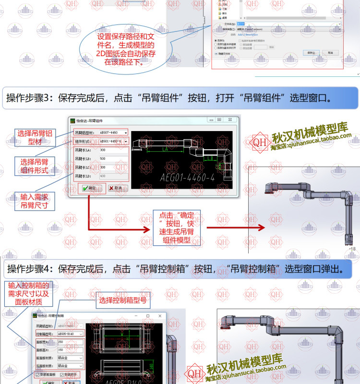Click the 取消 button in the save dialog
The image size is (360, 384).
[x=330, y=52]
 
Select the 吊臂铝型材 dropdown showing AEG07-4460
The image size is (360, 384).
[x=113, y=132]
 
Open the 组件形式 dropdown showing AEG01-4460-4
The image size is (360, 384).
[x=113, y=142]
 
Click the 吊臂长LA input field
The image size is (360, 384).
[x=113, y=150]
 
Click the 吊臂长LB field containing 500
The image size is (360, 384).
[x=113, y=159]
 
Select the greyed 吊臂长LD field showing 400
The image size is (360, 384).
[x=113, y=176]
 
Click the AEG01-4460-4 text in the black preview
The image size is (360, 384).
[x=187, y=179]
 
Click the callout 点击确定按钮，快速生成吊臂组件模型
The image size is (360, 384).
[x=177, y=228]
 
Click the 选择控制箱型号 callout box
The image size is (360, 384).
[x=123, y=301]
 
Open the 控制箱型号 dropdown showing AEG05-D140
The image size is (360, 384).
[x=71, y=333]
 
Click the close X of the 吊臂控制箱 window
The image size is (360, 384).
[x=160, y=316]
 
